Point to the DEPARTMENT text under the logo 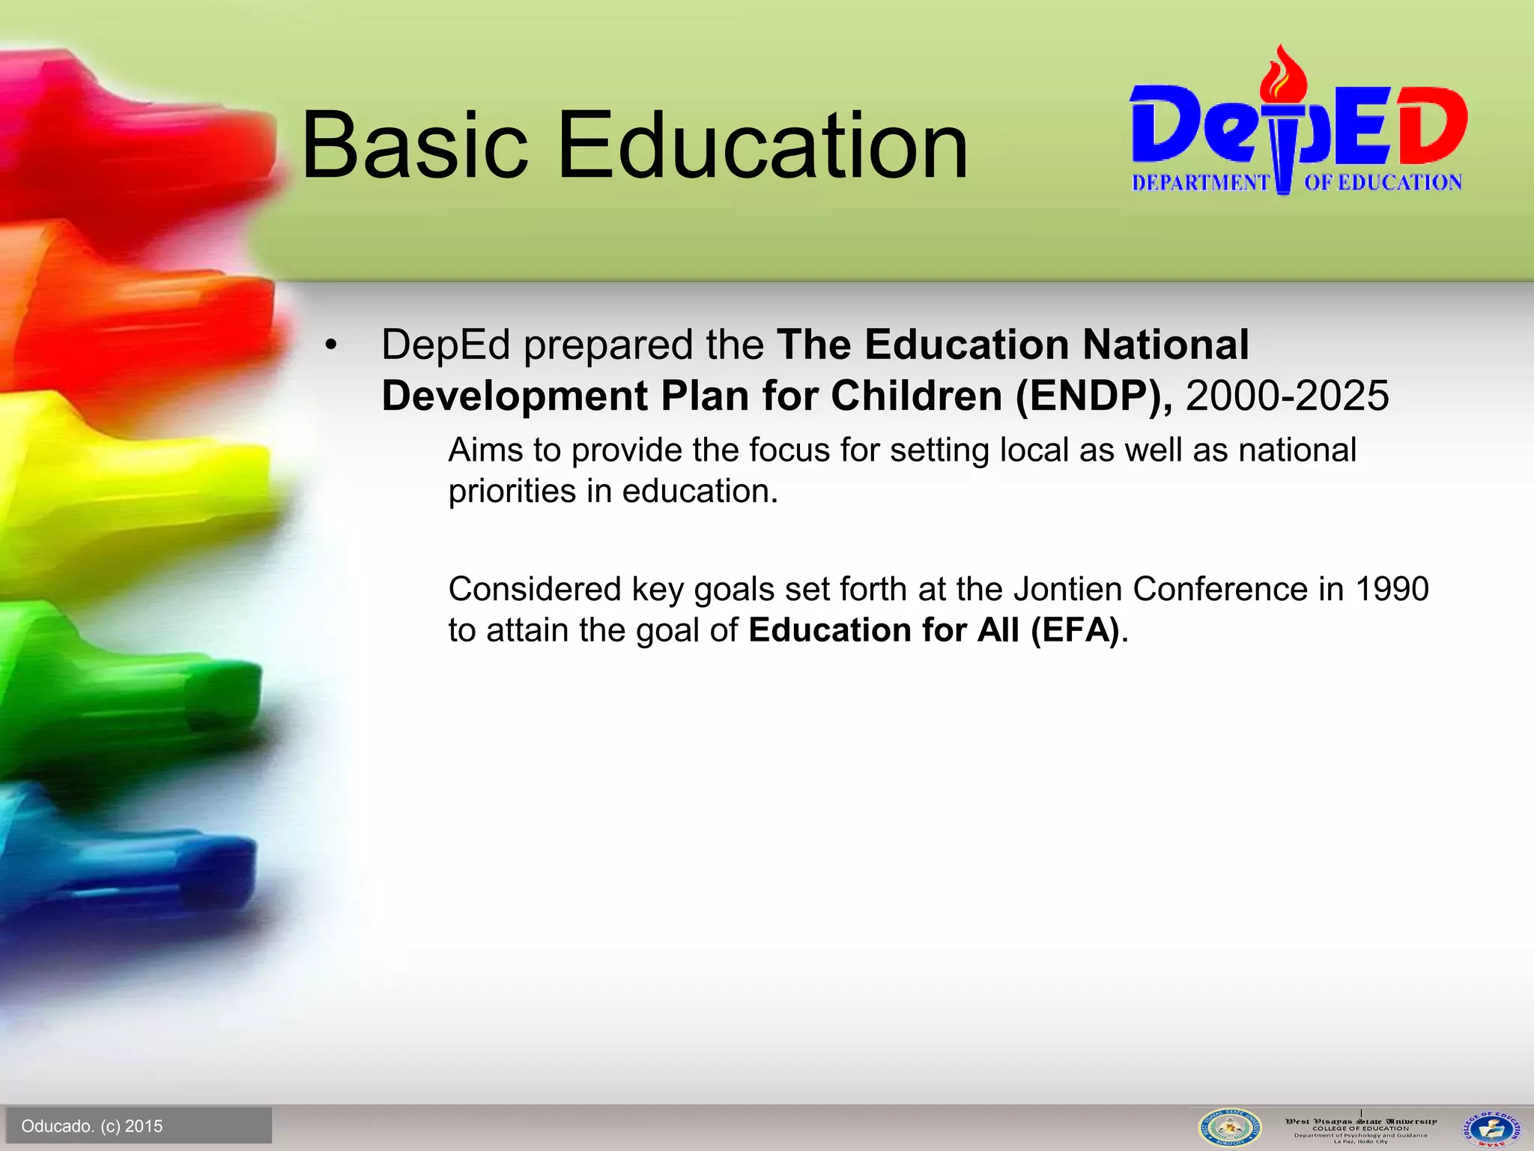(1199, 183)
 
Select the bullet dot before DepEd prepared (331, 346)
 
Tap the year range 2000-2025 (1287, 396)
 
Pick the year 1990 (1392, 589)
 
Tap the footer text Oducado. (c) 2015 (92, 1126)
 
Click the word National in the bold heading (1165, 345)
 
